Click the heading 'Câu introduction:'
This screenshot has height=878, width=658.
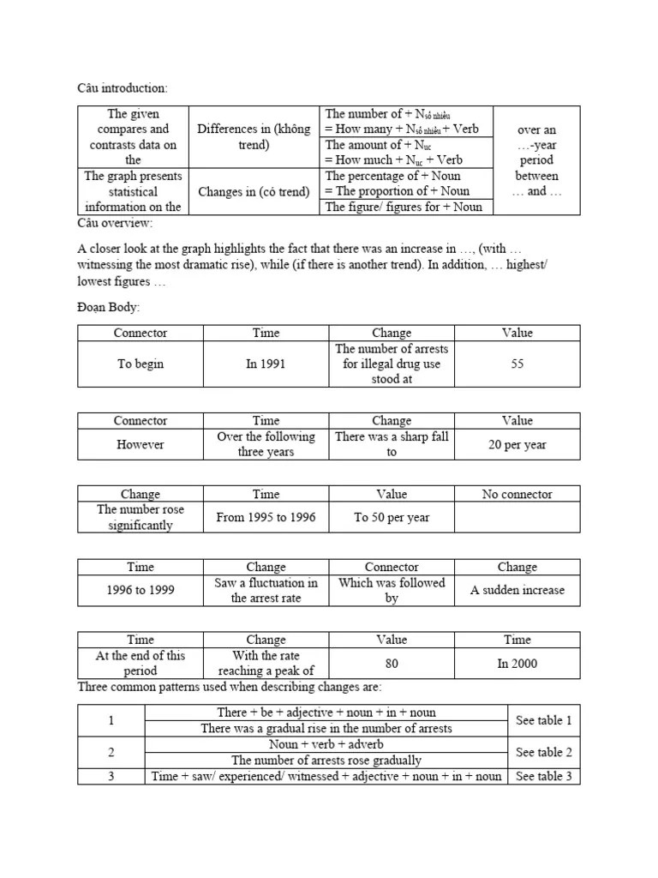(x=123, y=88)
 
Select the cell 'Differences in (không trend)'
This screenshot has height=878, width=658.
(x=254, y=136)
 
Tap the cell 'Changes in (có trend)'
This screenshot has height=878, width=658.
(x=254, y=191)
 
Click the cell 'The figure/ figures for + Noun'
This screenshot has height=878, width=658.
(x=404, y=207)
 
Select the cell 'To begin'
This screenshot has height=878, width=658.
(x=141, y=364)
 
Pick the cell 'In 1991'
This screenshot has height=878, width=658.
(x=266, y=364)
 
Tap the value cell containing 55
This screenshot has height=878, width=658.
(x=517, y=364)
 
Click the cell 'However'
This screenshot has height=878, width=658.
(x=141, y=444)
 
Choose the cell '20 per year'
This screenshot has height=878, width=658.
(x=517, y=444)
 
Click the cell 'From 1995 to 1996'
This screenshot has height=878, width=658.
(x=266, y=517)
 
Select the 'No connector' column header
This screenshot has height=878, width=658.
(x=517, y=494)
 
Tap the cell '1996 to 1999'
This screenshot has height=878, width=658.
(x=141, y=591)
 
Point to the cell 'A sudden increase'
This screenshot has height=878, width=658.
(x=517, y=591)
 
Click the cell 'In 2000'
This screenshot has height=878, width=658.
(x=517, y=664)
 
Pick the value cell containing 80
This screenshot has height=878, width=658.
(x=392, y=664)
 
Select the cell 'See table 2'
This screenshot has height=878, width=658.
(x=543, y=752)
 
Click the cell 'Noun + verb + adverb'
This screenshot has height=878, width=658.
(x=326, y=744)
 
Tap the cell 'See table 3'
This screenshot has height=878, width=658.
(x=543, y=776)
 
